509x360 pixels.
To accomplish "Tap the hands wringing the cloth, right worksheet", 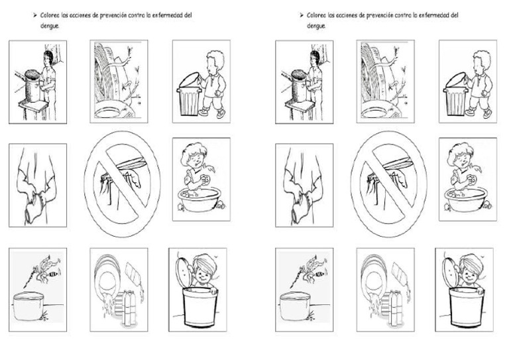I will pos(302,194).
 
